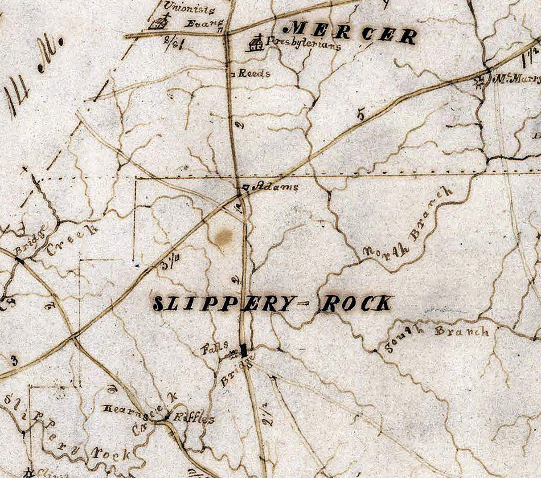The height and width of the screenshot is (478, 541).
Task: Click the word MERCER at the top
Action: [x=353, y=33]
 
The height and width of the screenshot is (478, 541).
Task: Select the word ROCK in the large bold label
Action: [x=356, y=303]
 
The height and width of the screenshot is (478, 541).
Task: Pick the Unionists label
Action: [x=189, y=8]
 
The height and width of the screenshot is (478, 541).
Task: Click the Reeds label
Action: [x=254, y=73]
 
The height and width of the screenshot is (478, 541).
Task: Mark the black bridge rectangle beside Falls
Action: [x=244, y=350]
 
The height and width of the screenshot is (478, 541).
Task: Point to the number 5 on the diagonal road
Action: [x=361, y=115]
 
